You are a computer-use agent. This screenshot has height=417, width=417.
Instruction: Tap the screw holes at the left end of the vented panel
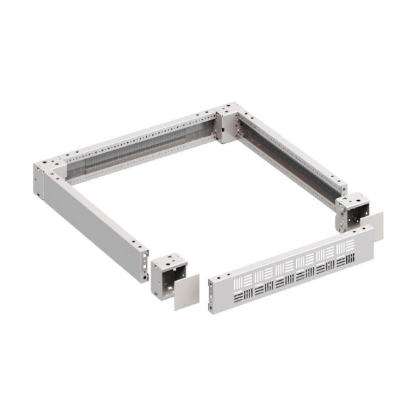click(213, 295)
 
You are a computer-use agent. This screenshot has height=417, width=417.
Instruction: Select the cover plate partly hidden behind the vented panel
click(375, 226)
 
